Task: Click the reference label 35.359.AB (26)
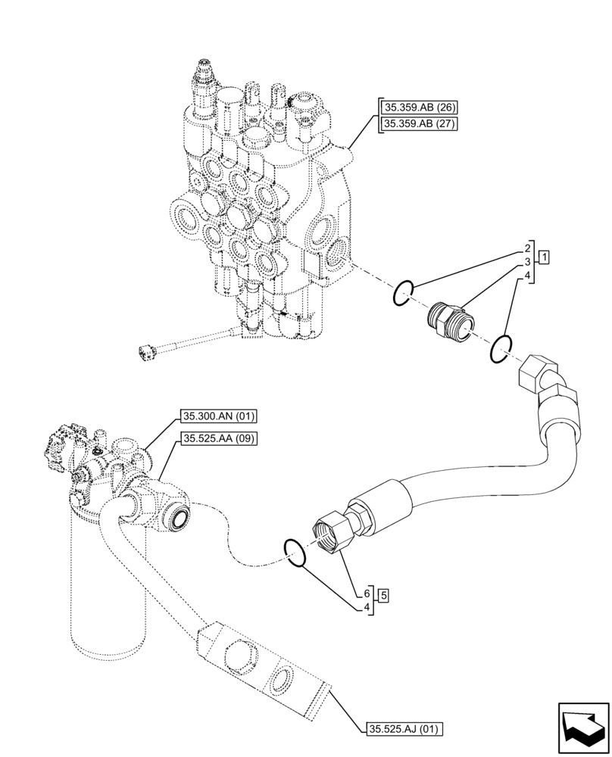(x=417, y=107)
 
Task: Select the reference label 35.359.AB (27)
(x=417, y=124)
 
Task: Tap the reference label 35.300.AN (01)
(x=219, y=416)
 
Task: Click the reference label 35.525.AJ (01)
(x=404, y=729)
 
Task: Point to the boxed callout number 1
(x=544, y=257)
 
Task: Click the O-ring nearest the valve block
(x=403, y=292)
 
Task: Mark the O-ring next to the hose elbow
(x=501, y=347)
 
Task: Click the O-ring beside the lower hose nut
(x=295, y=553)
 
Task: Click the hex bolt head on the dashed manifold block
(x=241, y=653)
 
